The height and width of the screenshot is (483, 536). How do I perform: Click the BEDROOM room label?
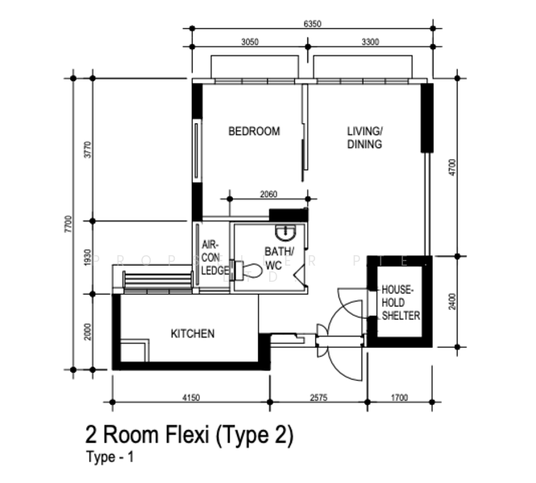click(x=254, y=131)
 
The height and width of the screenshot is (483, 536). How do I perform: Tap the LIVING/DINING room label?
click(x=364, y=138)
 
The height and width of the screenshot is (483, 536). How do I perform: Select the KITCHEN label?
click(x=193, y=333)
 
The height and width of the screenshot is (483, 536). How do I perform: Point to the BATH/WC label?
click(x=279, y=258)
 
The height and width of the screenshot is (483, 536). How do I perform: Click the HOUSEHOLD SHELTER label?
click(x=401, y=302)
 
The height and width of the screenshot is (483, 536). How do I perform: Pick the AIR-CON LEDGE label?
click(x=214, y=257)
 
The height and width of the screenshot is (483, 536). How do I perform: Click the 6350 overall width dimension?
click(x=313, y=24)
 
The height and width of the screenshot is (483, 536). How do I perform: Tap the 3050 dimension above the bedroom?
click(x=250, y=43)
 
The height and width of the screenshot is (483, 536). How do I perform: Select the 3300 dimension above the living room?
click(x=371, y=43)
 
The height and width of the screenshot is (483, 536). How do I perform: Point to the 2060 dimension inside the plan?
click(x=268, y=194)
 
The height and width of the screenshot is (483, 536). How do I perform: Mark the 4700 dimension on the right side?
click(x=452, y=167)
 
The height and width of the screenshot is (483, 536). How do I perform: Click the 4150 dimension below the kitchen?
click(x=191, y=397)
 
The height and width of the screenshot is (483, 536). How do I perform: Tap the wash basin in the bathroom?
click(x=285, y=234)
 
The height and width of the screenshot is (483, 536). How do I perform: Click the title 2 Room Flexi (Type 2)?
click(x=189, y=436)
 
